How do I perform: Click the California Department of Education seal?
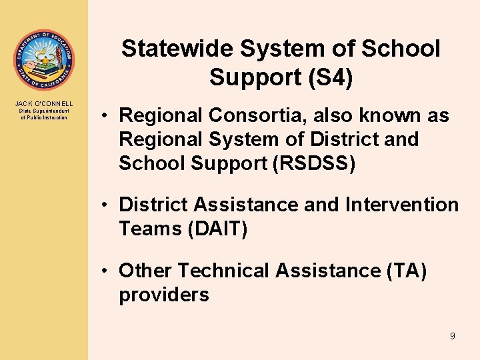coord(43,61)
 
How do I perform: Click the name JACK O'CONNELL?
coord(44,103)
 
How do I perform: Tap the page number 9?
coord(452,336)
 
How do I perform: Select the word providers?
coord(164,295)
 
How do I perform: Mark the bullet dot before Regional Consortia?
coord(105,116)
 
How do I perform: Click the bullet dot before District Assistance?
coord(105,205)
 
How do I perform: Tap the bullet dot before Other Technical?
coord(105,271)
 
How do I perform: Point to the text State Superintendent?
coord(44,111)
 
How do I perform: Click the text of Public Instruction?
coord(44,117)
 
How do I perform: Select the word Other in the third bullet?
coord(146,271)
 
